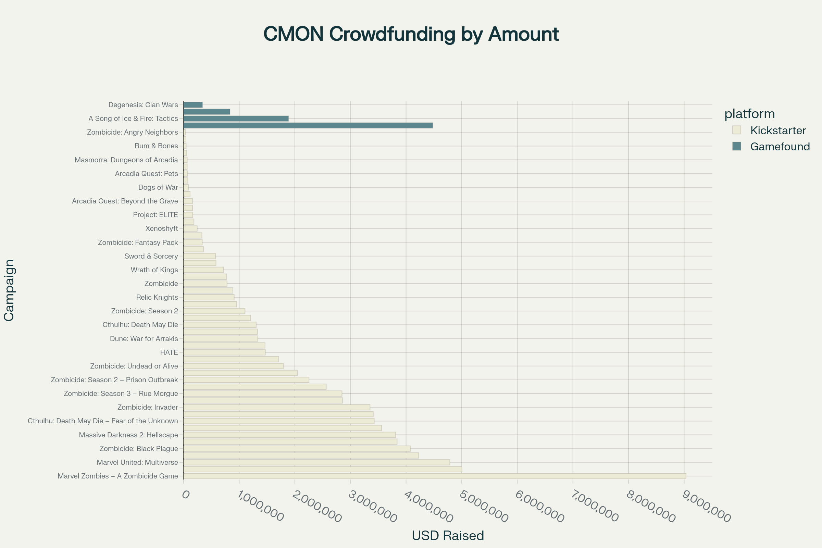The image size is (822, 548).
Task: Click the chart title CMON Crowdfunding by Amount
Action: pos(411,34)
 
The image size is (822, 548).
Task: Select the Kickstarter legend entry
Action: pos(777,130)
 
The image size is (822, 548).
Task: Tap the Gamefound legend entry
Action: pos(780,147)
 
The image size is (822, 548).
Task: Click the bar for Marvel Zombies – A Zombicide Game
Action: pos(434,476)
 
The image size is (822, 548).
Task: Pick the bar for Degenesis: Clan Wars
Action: pos(193,105)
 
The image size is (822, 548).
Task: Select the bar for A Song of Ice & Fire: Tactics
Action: pos(236,119)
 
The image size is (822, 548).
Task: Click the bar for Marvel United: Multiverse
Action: pos(316,462)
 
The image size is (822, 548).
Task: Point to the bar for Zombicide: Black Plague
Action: pos(297,449)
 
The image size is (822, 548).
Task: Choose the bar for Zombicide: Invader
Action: pos(276,407)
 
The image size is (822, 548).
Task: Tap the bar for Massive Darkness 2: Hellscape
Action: pos(289,435)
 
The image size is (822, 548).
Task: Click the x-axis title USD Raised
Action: pos(448,535)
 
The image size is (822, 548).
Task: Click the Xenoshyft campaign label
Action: pos(161,228)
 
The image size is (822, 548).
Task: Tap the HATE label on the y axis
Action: pos(169,352)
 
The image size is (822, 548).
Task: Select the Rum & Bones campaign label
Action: pos(156,146)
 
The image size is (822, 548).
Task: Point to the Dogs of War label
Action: pos(158,187)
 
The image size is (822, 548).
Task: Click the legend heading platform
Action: pos(749,114)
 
